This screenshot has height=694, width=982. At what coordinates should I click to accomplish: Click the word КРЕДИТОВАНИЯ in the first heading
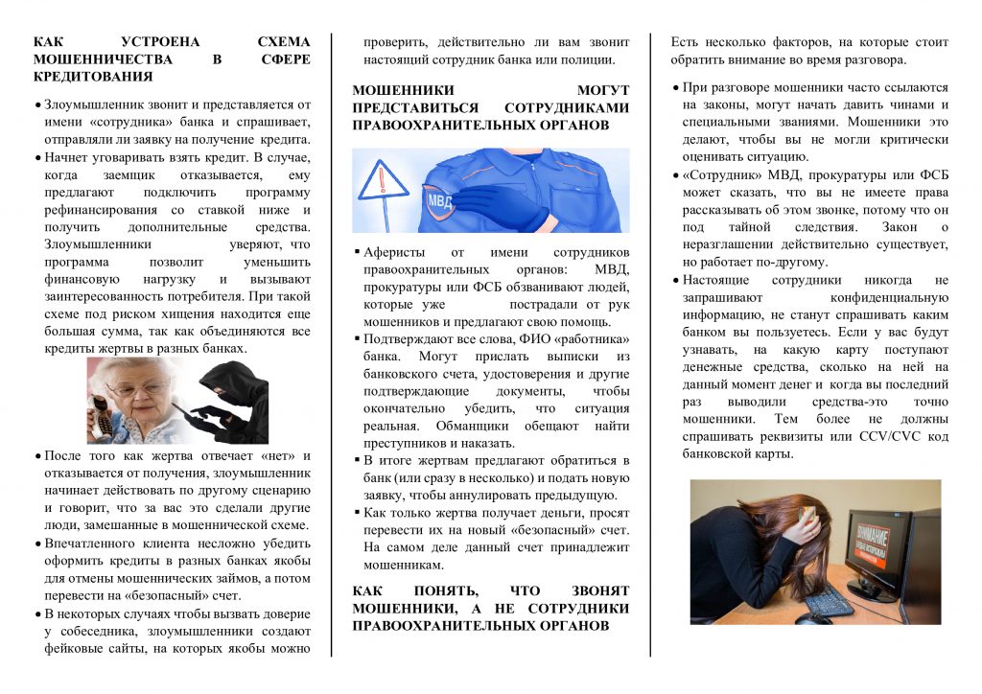coord(93,76)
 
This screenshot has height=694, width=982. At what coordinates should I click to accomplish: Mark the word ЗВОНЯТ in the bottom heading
coord(594,590)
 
